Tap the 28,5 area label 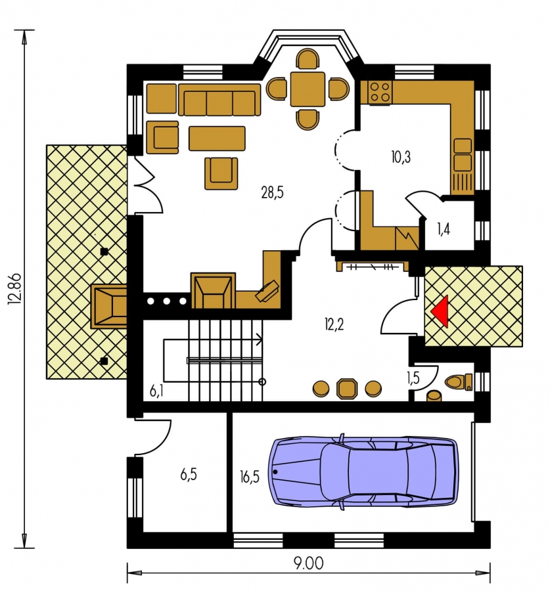click(x=272, y=192)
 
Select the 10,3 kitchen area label click(x=401, y=157)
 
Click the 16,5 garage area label click(x=249, y=477)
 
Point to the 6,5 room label click(x=188, y=475)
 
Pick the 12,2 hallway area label click(x=334, y=324)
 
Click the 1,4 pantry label click(x=444, y=229)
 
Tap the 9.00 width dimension click(x=309, y=563)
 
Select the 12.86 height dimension click(x=16, y=289)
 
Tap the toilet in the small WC click(x=459, y=382)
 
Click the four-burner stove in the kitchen click(x=380, y=93)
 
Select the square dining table click(x=308, y=89)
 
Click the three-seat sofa click(x=219, y=100)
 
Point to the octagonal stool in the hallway click(x=347, y=389)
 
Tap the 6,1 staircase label click(x=156, y=391)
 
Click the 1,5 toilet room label click(x=413, y=378)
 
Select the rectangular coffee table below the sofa click(x=217, y=139)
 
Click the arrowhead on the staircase click(x=260, y=339)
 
